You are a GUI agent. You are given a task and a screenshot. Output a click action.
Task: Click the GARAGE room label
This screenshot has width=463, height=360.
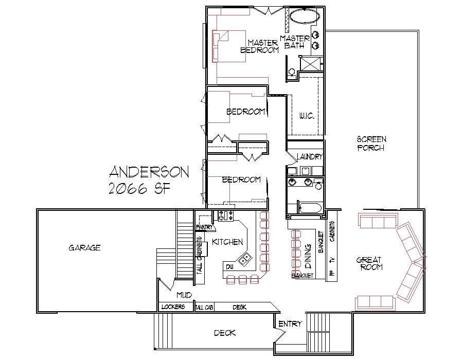click(x=84, y=248)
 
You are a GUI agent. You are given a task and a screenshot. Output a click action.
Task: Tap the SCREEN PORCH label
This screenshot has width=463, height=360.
click(x=371, y=143)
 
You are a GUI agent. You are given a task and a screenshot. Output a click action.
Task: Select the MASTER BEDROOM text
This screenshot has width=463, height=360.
click(x=260, y=46)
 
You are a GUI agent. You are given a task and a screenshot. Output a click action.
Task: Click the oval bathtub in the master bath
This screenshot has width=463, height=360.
click(x=305, y=16)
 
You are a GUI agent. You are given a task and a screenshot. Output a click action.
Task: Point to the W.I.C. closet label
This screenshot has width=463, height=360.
click(x=307, y=117)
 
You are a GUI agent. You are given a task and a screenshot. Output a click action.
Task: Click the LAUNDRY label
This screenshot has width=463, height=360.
click(x=309, y=157)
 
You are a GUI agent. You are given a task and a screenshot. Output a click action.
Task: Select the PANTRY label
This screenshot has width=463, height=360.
click(x=205, y=227)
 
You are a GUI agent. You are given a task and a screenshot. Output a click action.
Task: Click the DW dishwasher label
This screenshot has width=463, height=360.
click(x=229, y=265)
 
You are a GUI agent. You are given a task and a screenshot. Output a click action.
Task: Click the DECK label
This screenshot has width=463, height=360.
click(x=225, y=333)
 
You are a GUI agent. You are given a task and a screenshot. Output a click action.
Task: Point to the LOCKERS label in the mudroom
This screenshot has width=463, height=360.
click(x=173, y=307)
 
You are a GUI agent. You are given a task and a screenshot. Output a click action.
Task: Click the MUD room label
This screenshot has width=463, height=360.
click(x=184, y=295)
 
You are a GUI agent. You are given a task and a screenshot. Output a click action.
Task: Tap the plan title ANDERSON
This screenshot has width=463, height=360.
click(x=149, y=172)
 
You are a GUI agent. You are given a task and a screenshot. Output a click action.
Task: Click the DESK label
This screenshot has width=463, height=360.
click(x=239, y=307)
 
